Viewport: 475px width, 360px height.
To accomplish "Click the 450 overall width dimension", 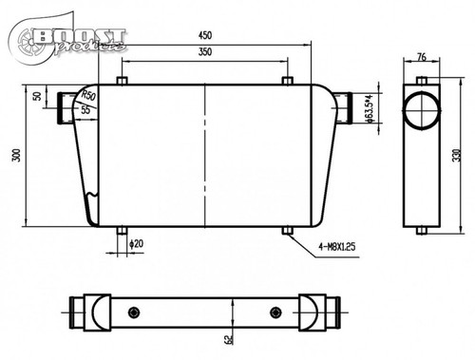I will [x=204, y=37].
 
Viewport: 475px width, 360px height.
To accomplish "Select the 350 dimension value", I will [x=204, y=55].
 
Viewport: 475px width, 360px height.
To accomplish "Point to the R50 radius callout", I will [x=88, y=95].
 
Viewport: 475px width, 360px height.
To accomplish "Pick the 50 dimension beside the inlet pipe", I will [x=37, y=97].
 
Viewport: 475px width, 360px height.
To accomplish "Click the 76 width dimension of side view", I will [x=421, y=57].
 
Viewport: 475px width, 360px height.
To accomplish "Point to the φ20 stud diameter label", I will [x=135, y=244].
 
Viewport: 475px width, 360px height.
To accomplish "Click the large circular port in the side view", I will [x=421, y=109].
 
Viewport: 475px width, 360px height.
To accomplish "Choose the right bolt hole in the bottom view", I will [x=276, y=310].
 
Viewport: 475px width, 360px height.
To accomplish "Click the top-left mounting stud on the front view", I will [x=121, y=81].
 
